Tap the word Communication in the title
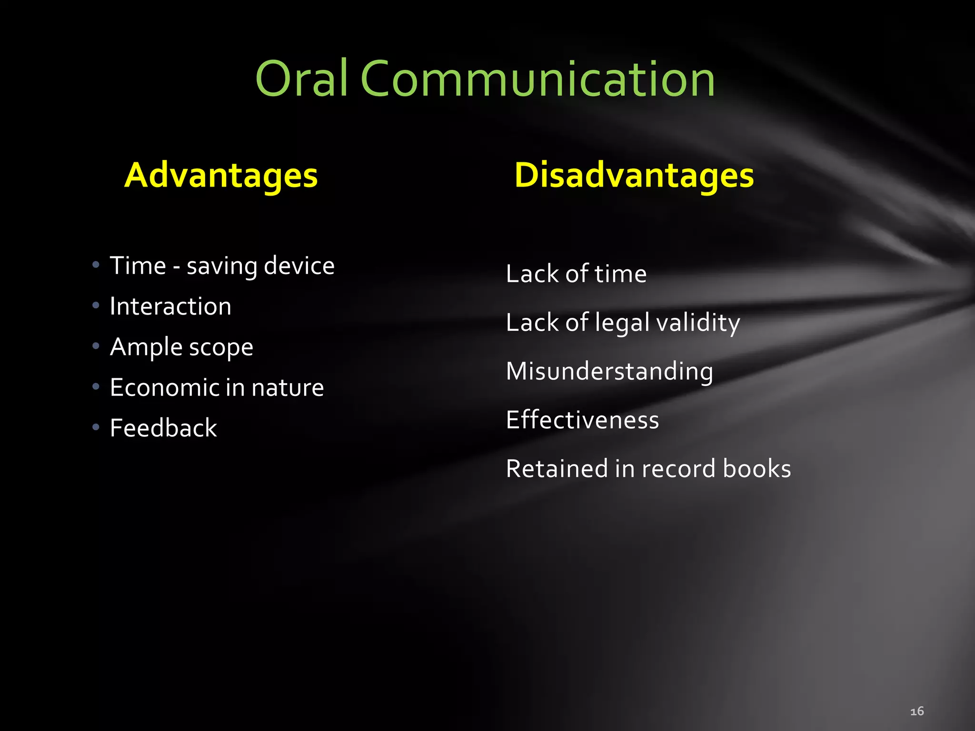[537, 79]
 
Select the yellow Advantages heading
[221, 176]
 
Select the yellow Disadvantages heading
[634, 176]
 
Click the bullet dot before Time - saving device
[96, 265]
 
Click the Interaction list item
[170, 306]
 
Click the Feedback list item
[163, 428]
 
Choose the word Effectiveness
[582, 420]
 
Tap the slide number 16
[917, 711]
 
